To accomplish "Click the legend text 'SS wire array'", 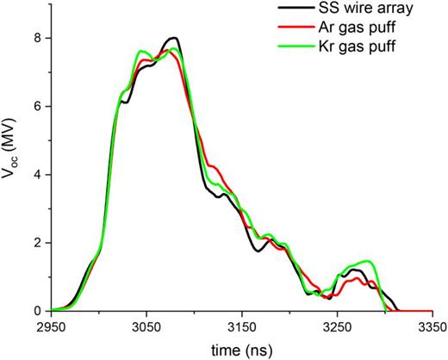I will click(389, 9).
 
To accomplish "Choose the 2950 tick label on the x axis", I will click(52, 328).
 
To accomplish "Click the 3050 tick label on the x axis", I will click(146, 328).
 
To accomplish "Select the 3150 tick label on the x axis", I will click(241, 328).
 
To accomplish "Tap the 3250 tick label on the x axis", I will click(336, 328).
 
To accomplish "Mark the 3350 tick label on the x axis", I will click(431, 328).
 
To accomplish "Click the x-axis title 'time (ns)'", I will click(241, 349).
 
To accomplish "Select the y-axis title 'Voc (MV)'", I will click(11, 172).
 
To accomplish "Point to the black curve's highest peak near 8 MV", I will click(174, 38).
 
